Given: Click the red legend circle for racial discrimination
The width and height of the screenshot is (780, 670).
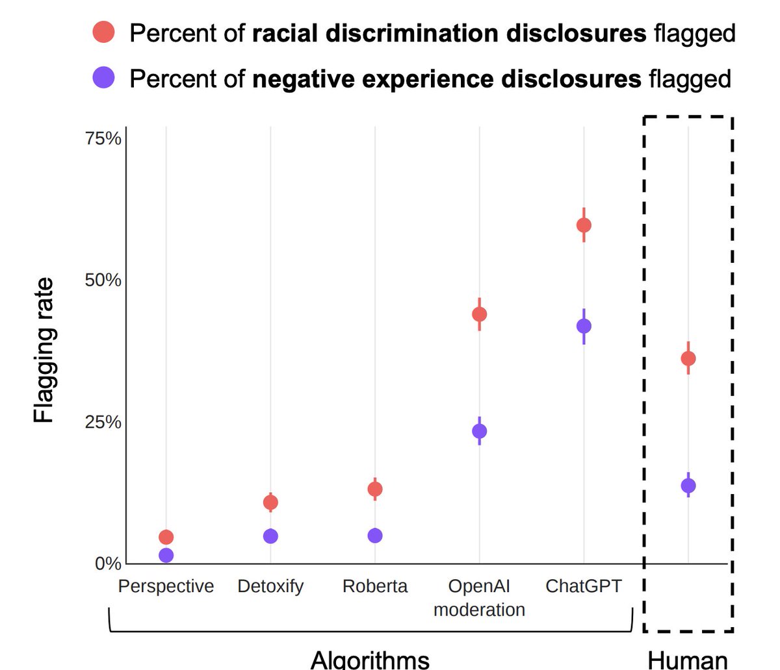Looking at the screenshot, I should click(104, 32).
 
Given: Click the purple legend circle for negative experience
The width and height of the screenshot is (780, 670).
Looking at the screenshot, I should click(104, 78).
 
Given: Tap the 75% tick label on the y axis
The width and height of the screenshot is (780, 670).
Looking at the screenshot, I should click(104, 139).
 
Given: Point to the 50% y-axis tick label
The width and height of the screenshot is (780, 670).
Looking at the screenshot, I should click(104, 280).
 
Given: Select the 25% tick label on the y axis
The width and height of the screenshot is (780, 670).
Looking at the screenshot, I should click(104, 422).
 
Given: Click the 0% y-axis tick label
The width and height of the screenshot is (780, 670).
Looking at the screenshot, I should click(108, 564).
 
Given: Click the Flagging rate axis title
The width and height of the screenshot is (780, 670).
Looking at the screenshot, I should click(44, 351).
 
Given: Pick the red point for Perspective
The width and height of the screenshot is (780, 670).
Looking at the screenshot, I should click(166, 537).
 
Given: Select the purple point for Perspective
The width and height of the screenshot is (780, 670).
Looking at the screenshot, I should click(166, 555).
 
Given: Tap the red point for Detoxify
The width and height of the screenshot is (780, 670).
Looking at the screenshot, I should click(270, 502).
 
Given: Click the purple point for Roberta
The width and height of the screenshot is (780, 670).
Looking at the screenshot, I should click(375, 536).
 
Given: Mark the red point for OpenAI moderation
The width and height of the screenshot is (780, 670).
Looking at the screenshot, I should click(479, 314).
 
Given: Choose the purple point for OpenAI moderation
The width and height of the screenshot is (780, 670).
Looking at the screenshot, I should click(479, 431).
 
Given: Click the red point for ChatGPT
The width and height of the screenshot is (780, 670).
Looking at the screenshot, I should click(584, 225).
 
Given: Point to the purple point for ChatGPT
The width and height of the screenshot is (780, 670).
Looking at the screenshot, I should click(584, 326).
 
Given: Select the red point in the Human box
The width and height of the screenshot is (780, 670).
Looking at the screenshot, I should click(688, 358).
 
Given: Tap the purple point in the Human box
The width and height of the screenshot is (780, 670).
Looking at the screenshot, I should click(688, 486).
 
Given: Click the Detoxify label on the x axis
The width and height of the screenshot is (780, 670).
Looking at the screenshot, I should click(270, 586).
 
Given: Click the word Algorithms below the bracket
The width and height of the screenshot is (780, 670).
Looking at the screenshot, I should click(370, 658).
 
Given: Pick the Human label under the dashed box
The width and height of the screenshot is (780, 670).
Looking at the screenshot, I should click(688, 659).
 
